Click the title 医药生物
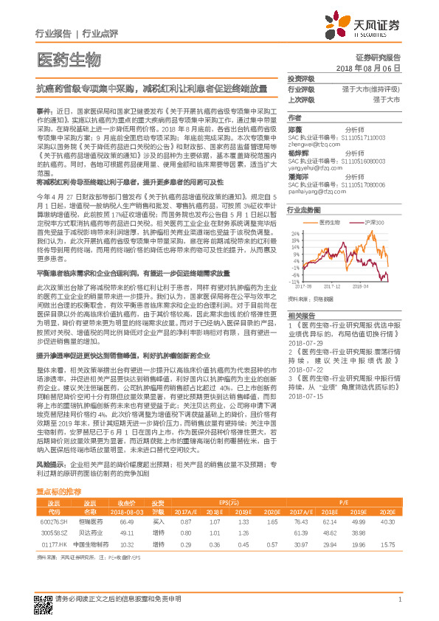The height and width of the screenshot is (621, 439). click(69, 59)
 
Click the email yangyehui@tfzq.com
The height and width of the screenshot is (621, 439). click(314, 166)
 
